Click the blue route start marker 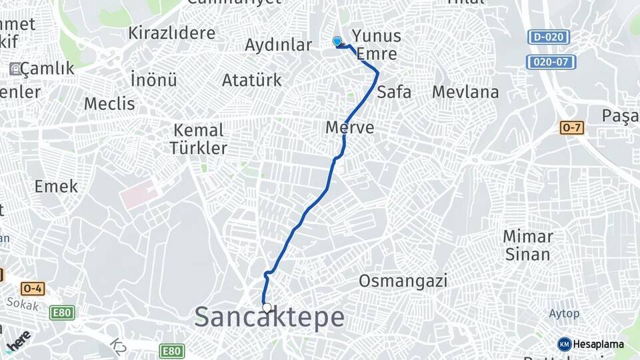[x=337, y=41]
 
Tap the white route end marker [x=267, y=308]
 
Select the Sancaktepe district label [x=269, y=318]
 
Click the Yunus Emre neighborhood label [x=377, y=45]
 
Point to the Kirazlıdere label [x=172, y=33]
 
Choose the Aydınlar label [x=278, y=45]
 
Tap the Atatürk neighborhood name [x=251, y=81]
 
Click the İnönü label [x=154, y=80]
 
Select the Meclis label [x=109, y=104]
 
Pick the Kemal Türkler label [x=199, y=139]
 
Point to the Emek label [x=57, y=187]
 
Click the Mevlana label [x=465, y=92]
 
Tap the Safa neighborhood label [x=394, y=92]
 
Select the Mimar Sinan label [x=527, y=245]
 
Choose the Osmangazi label [x=403, y=281]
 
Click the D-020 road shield [x=548, y=37]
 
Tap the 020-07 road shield [x=551, y=62]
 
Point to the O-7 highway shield [x=572, y=127]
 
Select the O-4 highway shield [x=32, y=289]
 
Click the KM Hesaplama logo [x=591, y=344]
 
